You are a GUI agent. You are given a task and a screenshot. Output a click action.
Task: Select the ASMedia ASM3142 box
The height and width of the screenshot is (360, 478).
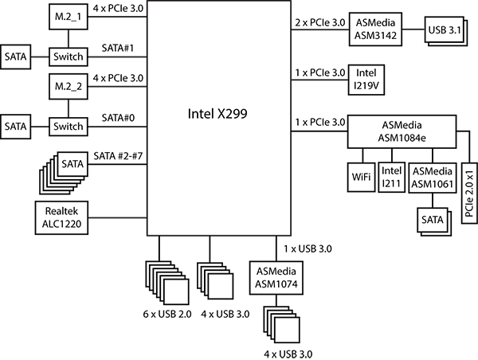tap(375, 29)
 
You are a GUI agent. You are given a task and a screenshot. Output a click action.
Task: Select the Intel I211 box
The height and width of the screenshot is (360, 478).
tap(391, 178)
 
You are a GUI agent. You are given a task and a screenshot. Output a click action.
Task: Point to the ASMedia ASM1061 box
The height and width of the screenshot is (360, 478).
tap(432, 178)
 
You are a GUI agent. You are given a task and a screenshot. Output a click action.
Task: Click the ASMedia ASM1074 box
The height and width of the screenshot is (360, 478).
tap(275, 277)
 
